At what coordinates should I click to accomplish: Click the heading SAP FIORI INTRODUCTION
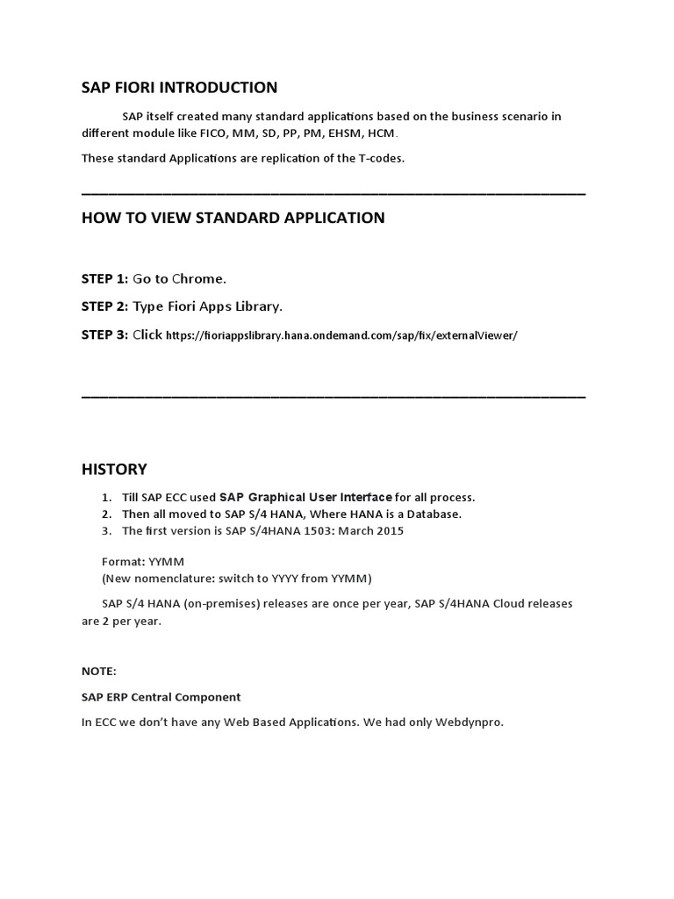pos(179,88)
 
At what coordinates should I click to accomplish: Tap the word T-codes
pos(377,158)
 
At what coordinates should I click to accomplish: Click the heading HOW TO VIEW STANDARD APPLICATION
pos(233,218)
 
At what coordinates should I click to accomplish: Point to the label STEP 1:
pos(104,278)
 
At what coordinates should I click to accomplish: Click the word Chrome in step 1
pos(198,278)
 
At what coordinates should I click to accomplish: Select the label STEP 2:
pos(104,306)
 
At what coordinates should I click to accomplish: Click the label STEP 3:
pos(104,334)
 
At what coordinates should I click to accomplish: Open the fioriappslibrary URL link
pos(341,335)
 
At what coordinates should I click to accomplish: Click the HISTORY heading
pos(114,469)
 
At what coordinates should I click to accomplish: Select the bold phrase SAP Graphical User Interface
pos(305,497)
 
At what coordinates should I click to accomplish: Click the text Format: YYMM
pos(143,560)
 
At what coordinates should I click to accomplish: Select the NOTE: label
pos(98,671)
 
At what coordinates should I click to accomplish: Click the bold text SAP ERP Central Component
pos(161,697)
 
